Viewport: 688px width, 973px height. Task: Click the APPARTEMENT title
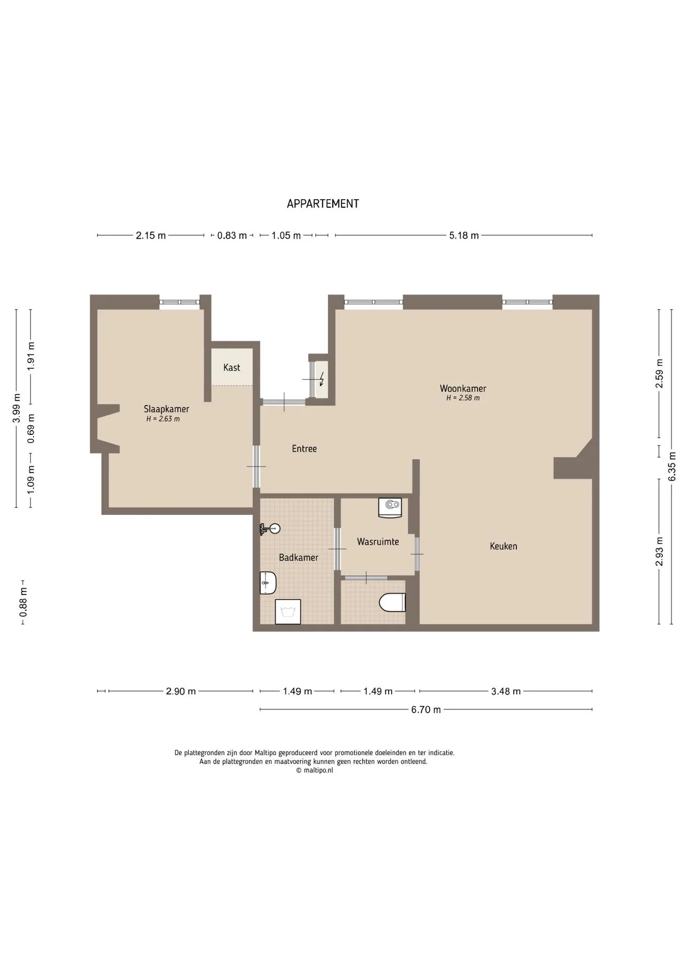323,204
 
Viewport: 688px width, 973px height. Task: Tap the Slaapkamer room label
166,409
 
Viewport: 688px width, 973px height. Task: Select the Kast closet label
232,367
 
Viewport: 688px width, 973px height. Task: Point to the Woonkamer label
463,389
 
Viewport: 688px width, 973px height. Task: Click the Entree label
304,448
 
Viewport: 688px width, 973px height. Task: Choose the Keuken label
503,546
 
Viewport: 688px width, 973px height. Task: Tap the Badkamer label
298,557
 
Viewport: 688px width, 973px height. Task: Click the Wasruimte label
378,542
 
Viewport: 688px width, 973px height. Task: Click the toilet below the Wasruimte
393,602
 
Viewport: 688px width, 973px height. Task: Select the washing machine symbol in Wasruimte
390,508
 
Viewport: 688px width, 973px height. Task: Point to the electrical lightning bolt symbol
321,379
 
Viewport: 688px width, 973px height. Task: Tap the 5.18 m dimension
464,236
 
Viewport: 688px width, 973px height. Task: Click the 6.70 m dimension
426,709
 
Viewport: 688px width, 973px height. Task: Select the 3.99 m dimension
17,408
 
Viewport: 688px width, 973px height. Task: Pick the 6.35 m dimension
672,466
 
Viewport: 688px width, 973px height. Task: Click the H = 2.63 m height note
163,419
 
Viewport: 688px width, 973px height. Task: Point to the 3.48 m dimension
506,691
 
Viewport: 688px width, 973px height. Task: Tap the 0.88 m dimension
23,603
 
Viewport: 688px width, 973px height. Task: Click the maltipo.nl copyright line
315,770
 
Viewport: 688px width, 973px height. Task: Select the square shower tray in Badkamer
288,612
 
